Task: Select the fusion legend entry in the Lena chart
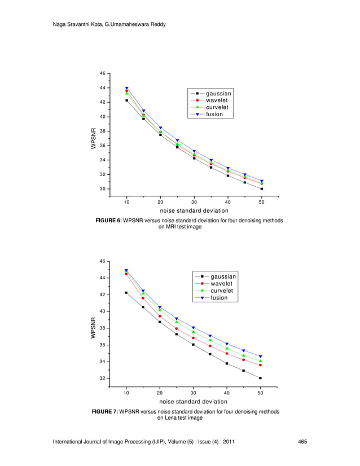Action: [x=219, y=298]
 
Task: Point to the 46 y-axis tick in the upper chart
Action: [x=102, y=73]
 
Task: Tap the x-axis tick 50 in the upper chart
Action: [x=262, y=202]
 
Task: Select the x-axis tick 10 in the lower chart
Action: [x=126, y=392]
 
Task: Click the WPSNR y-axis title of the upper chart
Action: [x=94, y=139]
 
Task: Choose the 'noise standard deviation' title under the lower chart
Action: [x=193, y=402]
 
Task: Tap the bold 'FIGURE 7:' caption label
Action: [x=105, y=412]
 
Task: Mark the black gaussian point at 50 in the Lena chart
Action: [x=261, y=378]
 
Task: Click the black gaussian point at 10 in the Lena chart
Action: [x=126, y=293]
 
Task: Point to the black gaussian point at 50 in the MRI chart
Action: [x=262, y=189]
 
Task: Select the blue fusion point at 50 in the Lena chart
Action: [x=261, y=357]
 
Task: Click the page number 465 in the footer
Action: [x=302, y=441]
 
